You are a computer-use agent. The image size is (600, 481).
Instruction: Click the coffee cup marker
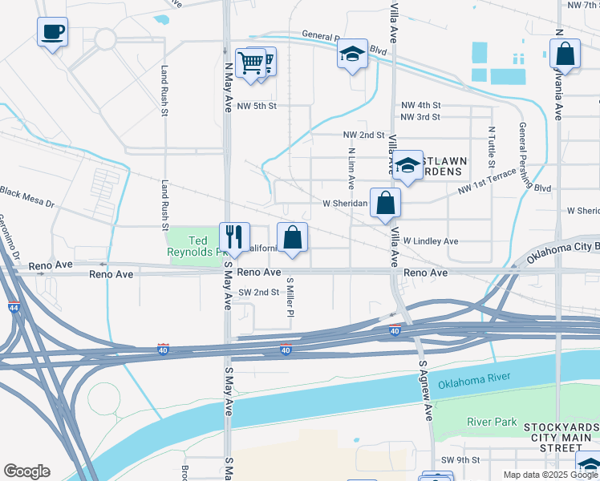pos(52,33)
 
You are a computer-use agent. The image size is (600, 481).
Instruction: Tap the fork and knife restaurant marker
pos(234,236)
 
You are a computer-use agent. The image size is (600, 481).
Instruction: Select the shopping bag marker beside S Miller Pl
pos(292,237)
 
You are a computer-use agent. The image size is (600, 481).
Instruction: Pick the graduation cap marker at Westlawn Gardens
pos(407,166)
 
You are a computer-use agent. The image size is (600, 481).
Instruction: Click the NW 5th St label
pos(257,106)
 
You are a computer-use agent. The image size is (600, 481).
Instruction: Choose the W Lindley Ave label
pos(430,240)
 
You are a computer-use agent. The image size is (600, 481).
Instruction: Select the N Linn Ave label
pos(351,168)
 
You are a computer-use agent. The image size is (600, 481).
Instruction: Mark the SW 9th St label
pos(460,459)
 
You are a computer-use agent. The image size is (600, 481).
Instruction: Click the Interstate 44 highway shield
pos(14,306)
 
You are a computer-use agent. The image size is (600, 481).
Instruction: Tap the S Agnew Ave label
pos(427,390)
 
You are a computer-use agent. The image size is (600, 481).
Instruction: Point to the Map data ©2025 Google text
pos(550,475)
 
